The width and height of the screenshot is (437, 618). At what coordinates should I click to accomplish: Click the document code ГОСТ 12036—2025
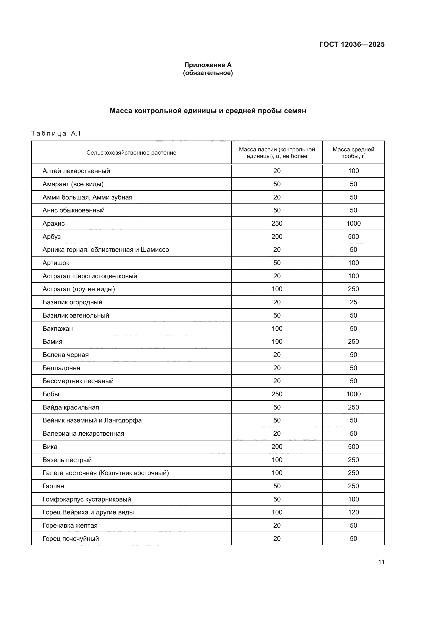[x=352, y=44]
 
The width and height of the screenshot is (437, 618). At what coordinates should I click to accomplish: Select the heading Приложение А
[x=208, y=65]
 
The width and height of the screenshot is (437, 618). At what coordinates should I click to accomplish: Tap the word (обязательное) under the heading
[x=208, y=73]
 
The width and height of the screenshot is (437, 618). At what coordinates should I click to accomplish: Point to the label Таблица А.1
[x=56, y=133]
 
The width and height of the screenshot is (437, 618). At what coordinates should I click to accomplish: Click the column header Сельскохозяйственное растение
[x=131, y=153]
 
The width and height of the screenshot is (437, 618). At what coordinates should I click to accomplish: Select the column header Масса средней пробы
[x=353, y=153]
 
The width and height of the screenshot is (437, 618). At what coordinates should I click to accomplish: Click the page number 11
[x=381, y=562]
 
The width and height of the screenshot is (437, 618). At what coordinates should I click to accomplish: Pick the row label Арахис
[x=54, y=224]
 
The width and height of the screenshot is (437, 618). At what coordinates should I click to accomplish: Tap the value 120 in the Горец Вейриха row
[x=353, y=512]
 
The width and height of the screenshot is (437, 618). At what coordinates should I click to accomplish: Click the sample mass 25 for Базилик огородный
[x=353, y=302]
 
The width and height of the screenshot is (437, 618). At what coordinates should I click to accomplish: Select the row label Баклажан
[x=58, y=328]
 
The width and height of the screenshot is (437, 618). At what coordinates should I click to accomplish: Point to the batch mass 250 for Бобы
[x=277, y=394]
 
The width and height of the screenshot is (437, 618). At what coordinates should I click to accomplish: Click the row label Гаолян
[x=53, y=486]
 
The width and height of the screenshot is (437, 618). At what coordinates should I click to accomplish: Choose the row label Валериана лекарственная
[x=83, y=433]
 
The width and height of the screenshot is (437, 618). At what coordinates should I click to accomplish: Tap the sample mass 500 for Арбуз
[x=353, y=236]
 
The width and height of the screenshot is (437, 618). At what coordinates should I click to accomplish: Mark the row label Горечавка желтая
[x=70, y=526]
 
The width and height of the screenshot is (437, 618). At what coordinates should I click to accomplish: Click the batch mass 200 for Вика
[x=277, y=447]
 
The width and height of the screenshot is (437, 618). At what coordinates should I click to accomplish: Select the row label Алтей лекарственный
[x=76, y=171]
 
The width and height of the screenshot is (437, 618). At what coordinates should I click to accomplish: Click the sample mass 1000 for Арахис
[x=353, y=224]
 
